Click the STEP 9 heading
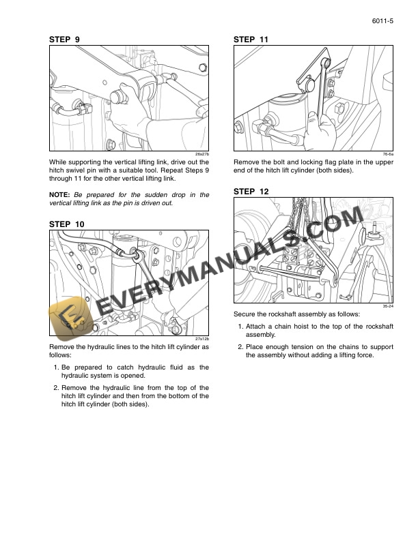[x=64, y=40]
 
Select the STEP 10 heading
[x=66, y=224]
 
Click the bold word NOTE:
[x=60, y=195]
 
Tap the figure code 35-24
[x=388, y=307]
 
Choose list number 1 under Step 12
[x=240, y=327]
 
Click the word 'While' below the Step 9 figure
[x=59, y=162]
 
